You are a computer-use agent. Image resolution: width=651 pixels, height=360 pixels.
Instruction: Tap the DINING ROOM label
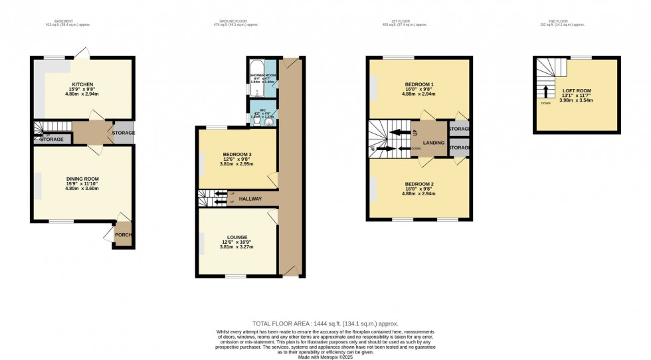(x=82, y=179)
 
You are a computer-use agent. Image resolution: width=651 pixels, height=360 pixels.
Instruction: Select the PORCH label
(x=123, y=234)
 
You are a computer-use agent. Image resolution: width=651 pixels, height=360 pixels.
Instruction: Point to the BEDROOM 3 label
(x=236, y=154)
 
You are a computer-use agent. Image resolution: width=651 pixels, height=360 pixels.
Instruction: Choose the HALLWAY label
(x=250, y=199)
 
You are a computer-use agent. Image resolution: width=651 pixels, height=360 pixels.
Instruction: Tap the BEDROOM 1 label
(x=419, y=84)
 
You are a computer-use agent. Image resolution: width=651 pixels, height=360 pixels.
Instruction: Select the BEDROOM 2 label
(x=419, y=183)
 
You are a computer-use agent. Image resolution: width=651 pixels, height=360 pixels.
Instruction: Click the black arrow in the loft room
(x=546, y=91)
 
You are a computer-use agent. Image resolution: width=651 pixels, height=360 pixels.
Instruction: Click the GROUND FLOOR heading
(x=236, y=21)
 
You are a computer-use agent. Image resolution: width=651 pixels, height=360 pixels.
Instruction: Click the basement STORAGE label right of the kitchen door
(x=124, y=133)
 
